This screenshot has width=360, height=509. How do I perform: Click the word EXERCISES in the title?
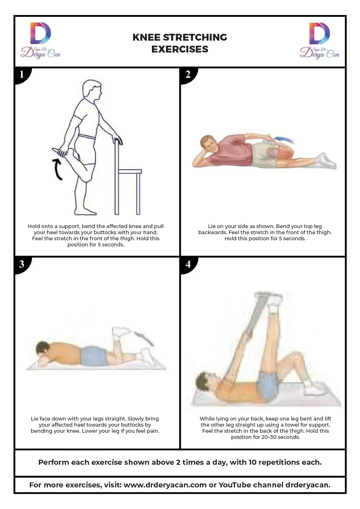180,49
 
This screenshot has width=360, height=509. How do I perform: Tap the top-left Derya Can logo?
40,40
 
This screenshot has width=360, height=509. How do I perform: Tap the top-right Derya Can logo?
320,40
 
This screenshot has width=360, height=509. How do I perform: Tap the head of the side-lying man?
209,144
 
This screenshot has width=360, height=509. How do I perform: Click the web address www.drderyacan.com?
165,485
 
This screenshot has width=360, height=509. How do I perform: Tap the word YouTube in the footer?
235,485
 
